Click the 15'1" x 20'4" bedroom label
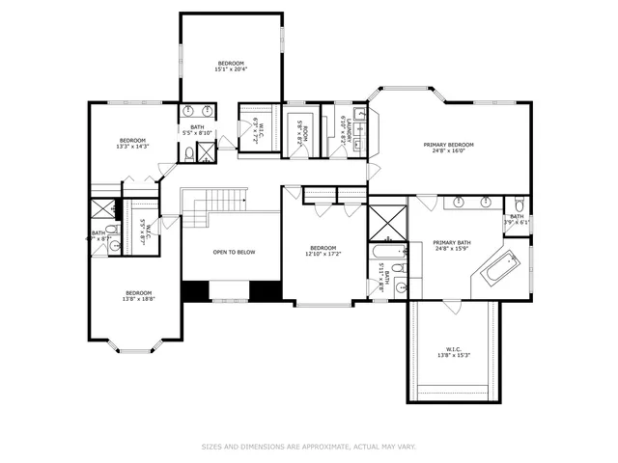click(x=230, y=66)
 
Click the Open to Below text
click(x=234, y=252)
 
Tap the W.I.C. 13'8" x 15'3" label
click(x=454, y=352)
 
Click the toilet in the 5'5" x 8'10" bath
click(x=189, y=152)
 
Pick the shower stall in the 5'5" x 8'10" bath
click(x=207, y=150)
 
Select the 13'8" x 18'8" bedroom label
click(x=139, y=296)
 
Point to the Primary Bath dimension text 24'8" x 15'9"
click(x=451, y=249)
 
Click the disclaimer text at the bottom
click(x=309, y=447)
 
